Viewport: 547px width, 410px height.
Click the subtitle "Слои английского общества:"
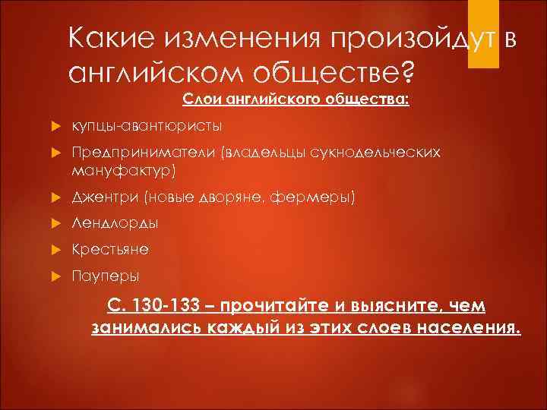(x=295, y=98)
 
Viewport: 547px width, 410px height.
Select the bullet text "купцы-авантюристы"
(x=141, y=125)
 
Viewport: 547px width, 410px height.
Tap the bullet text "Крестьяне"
(x=111, y=249)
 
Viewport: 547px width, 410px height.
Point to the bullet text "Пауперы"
(x=106, y=275)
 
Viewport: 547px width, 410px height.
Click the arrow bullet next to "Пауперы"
(x=54, y=276)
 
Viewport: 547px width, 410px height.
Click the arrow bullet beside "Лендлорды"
(x=54, y=224)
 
